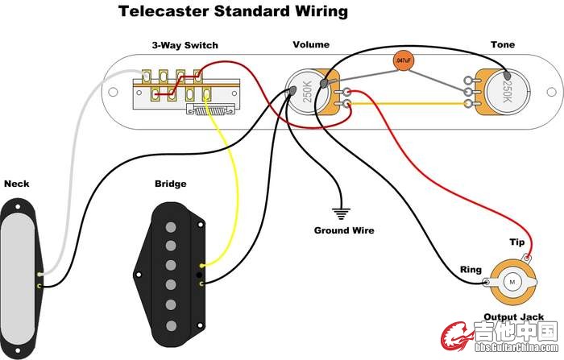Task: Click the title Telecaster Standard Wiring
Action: [234, 12]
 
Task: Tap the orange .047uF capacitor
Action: [402, 60]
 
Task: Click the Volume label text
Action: [310, 46]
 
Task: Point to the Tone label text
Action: [503, 46]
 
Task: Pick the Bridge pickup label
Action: [170, 184]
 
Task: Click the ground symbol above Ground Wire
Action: [342, 214]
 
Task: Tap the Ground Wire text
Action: [344, 230]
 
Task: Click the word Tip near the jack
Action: [516, 242]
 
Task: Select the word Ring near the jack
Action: [471, 270]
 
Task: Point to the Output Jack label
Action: [512, 317]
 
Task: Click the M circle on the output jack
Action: [512, 283]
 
